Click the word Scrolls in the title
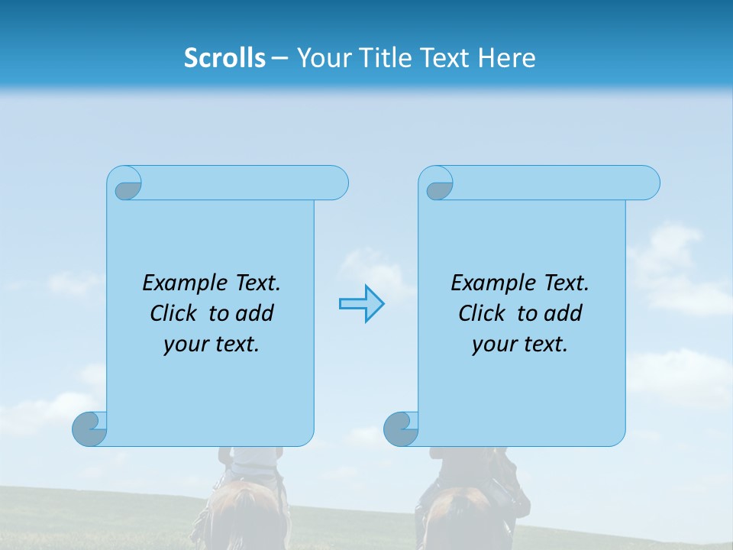(224, 58)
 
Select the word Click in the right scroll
(481, 313)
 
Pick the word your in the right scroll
(492, 345)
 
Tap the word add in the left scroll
(255, 313)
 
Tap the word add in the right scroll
(563, 313)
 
